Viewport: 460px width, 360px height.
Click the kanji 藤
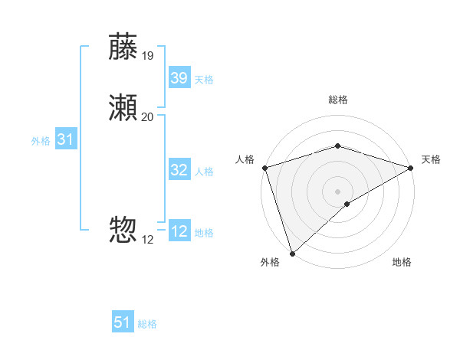pos(123,47)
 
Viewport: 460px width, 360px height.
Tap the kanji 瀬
pos(123,109)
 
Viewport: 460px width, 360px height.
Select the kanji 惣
pos(123,231)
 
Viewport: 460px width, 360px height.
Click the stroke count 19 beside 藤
pos(148,55)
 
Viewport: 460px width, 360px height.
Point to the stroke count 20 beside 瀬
pos(148,117)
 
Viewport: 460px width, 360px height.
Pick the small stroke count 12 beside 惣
pos(148,239)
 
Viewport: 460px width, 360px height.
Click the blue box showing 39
pos(179,78)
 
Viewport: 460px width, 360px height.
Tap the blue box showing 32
pos(179,170)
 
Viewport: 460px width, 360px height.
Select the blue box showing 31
pos(65,139)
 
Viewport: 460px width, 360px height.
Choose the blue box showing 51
pos(123,322)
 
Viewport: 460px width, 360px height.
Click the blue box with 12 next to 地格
pos(179,231)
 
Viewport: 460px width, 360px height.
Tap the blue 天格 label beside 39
pos(204,80)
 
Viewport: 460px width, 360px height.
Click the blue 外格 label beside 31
pos(41,141)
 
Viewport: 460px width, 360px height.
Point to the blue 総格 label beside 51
pos(147,324)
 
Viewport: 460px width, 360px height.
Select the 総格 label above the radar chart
pos(337,100)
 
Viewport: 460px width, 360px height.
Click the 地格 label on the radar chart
pos(402,262)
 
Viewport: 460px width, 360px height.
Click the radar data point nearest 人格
pos(264,168)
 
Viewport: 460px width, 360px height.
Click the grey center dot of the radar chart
pos(337,191)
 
